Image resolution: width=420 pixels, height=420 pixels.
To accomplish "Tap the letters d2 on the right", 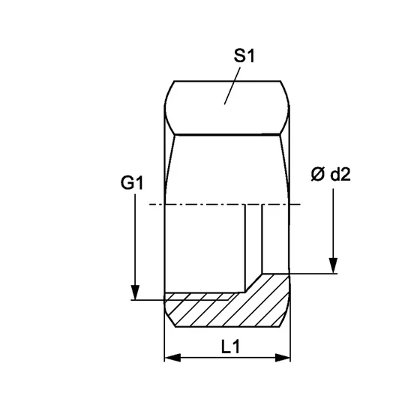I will click(338, 175).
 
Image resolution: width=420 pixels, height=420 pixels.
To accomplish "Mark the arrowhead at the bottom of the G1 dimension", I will click(134, 292).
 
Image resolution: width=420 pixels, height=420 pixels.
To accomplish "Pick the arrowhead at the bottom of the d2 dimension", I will click(332, 265).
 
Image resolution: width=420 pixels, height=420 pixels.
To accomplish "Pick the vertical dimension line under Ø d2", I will click(332, 225).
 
